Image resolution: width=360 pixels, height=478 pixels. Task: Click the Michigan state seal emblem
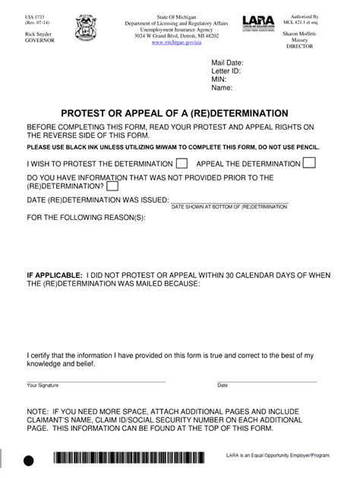86,30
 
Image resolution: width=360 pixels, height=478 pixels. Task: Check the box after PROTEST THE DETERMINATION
182,163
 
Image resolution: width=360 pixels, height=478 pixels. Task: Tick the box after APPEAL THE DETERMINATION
309,163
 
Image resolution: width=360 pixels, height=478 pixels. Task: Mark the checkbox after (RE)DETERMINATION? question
112,186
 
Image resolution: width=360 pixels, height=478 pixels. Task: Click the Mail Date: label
227,62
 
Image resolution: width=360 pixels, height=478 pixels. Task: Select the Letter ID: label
226,71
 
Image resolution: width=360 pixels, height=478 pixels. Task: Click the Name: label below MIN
222,88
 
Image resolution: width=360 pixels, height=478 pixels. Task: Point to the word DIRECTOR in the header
299,47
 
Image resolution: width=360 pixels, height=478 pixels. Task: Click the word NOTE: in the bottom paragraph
39,407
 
